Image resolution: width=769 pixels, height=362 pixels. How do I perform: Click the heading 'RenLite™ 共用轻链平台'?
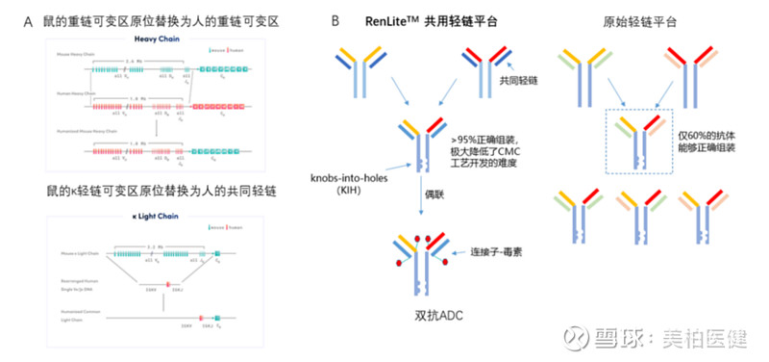tap(429, 20)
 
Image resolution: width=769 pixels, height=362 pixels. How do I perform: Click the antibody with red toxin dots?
tap(421, 260)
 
